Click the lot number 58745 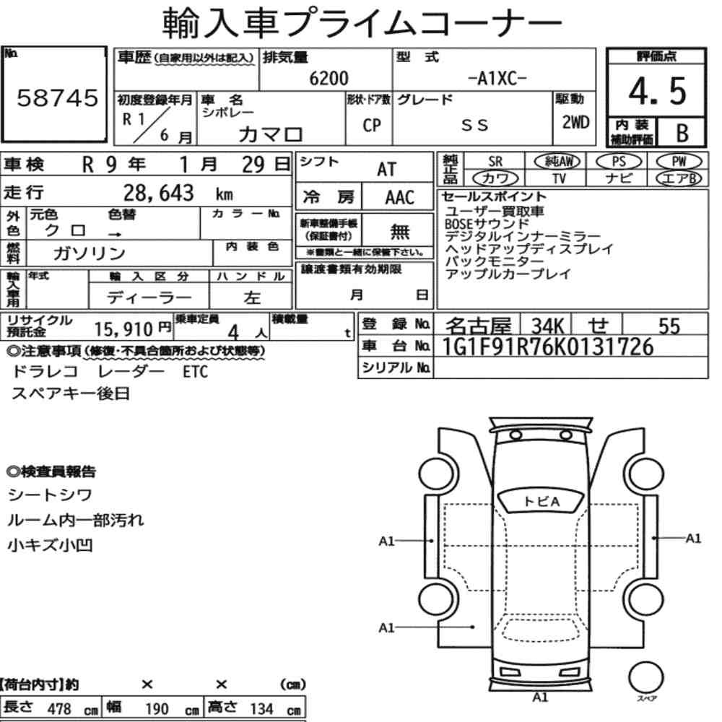[58, 97]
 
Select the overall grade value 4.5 [657, 91]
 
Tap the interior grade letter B [682, 133]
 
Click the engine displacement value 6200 [329, 78]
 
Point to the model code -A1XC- [497, 79]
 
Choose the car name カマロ [270, 134]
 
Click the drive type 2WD [575, 122]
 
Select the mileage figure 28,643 [158, 193]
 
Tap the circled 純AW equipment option [557, 161]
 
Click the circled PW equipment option [679, 161]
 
